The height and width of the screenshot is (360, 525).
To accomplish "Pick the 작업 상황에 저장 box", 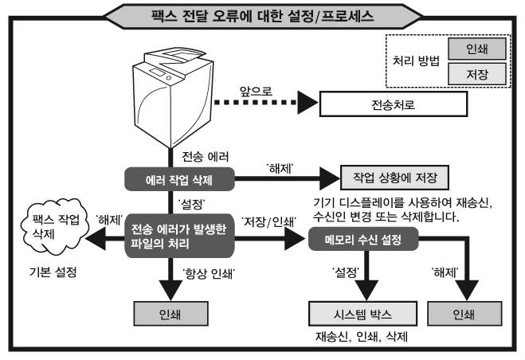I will click(395, 178).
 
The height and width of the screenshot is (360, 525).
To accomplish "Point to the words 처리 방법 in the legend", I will click(416, 61).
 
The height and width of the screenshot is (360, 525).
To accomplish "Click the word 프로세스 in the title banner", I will click(331, 14).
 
